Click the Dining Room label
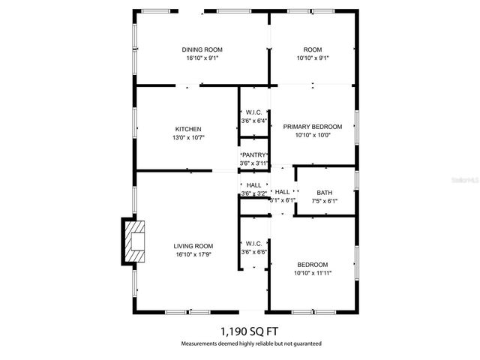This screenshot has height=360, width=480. click(202, 49)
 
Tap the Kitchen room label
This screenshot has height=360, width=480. click(188, 129)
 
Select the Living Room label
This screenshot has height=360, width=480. click(193, 246)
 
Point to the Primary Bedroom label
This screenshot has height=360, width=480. click(312, 127)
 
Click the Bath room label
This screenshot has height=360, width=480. click(324, 193)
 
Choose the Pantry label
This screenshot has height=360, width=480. click(253, 155)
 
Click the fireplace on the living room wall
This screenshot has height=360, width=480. click(135, 243)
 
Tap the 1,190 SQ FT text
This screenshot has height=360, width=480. click(250, 330)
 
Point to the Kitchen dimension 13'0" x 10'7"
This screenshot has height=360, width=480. click(189, 138)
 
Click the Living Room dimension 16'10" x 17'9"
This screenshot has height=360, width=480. click(193, 255)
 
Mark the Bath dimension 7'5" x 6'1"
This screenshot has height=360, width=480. click(325, 201)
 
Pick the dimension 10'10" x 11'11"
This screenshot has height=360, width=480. click(312, 274)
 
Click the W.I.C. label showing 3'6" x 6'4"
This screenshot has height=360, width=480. click(253, 112)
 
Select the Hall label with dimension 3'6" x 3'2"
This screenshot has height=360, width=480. click(253, 185)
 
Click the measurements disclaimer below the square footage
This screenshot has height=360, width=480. click(250, 343)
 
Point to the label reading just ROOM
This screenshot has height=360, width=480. click(312, 49)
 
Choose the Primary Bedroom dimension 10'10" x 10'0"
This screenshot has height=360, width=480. click(312, 136)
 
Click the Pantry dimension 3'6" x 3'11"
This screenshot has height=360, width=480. click(253, 163)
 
